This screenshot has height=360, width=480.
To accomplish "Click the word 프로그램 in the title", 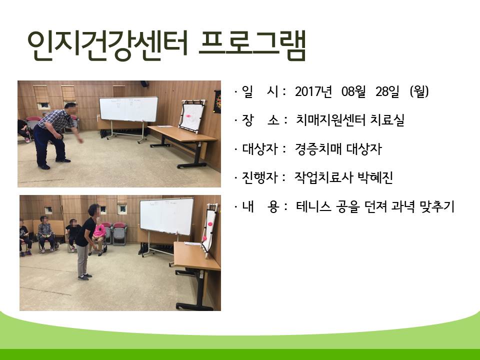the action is pos(252,45).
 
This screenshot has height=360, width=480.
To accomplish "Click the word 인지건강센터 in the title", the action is pos(107,45).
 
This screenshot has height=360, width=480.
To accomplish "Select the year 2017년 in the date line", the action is pos(313,91).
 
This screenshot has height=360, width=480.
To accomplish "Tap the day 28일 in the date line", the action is pos(387,91).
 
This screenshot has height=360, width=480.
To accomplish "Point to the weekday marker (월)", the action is pos(419,91).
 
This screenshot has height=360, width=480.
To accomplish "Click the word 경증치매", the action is pos(318,149).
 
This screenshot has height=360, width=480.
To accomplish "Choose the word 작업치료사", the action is pos(324,177).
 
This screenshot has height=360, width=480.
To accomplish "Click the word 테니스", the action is pos(313,206).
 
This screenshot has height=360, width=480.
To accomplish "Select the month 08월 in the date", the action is pos(353,91).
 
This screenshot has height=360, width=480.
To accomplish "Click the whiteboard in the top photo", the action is pos(128,109).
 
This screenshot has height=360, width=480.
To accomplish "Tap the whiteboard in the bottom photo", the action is pos(167,216).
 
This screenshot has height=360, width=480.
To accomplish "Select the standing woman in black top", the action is pos(87,242).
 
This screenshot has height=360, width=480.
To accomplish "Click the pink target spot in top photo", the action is pos(189,116).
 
